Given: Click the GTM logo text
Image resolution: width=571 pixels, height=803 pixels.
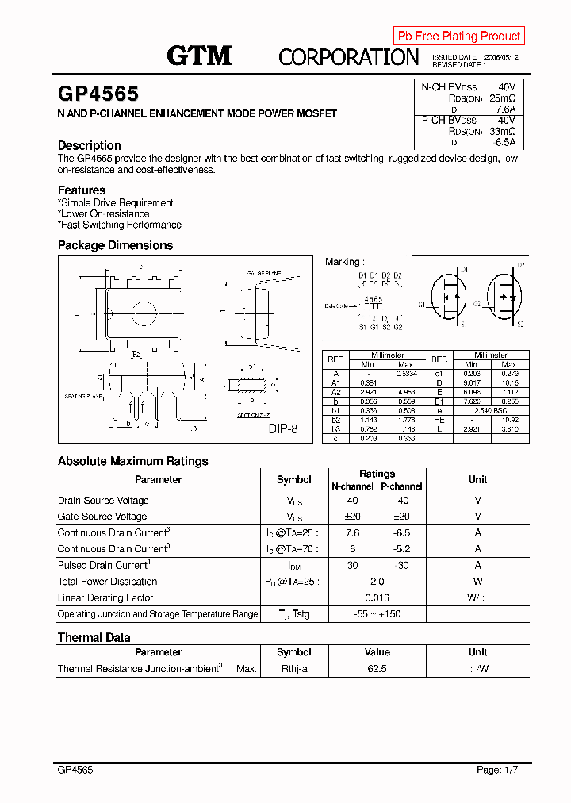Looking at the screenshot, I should pyautogui.click(x=199, y=55).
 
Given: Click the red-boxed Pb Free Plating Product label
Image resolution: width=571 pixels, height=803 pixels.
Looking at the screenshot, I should pyautogui.click(x=458, y=36).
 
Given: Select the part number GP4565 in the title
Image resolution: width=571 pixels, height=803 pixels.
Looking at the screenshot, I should pyautogui.click(x=98, y=94).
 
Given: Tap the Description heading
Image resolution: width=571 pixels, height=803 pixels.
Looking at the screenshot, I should pyautogui.click(x=90, y=145).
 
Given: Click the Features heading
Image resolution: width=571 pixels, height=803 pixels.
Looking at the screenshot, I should pyautogui.click(x=82, y=190).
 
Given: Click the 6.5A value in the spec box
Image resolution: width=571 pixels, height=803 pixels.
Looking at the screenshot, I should pyautogui.click(x=505, y=142).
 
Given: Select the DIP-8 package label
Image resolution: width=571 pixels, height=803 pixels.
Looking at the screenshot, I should pyautogui.click(x=283, y=426).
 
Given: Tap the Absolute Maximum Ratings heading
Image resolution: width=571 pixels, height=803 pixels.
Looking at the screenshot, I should pyautogui.click(x=133, y=461).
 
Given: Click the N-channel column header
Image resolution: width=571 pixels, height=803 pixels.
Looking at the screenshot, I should pyautogui.click(x=352, y=486).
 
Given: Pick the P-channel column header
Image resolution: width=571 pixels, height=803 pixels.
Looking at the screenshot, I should pyautogui.click(x=401, y=486).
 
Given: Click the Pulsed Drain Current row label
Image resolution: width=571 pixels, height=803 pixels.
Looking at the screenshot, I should pyautogui.click(x=103, y=566).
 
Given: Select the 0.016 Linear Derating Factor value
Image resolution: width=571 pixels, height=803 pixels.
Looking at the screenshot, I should pyautogui.click(x=377, y=598).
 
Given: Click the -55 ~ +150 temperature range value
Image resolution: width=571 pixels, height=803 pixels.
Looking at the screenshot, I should pyautogui.click(x=377, y=614).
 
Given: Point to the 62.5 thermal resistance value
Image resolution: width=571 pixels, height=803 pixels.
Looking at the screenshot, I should pyautogui.click(x=377, y=669).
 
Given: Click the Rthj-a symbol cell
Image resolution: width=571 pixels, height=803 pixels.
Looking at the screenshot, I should pyautogui.click(x=293, y=669).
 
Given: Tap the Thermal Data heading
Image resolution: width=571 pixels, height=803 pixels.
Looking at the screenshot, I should pyautogui.click(x=94, y=637).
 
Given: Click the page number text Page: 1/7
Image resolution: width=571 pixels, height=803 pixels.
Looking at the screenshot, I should pyautogui.click(x=497, y=770).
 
